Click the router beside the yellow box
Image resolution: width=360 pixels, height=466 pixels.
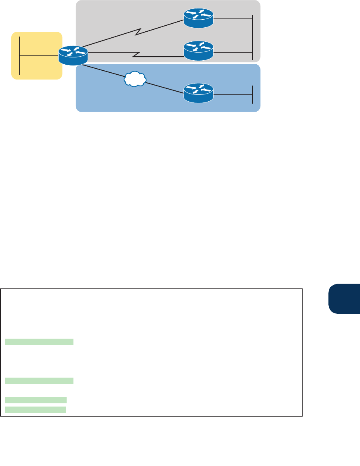[73, 55]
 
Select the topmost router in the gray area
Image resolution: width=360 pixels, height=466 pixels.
[198, 18]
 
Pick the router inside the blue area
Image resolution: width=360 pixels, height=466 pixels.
[198, 93]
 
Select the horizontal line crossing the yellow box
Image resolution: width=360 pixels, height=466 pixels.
[39, 56]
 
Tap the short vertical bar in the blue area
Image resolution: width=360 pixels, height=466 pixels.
[252, 94]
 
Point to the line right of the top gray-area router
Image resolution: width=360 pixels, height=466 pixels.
[233, 18]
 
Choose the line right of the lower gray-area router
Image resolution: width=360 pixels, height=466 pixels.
[233, 51]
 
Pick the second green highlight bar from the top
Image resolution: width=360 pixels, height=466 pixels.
[39, 381]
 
